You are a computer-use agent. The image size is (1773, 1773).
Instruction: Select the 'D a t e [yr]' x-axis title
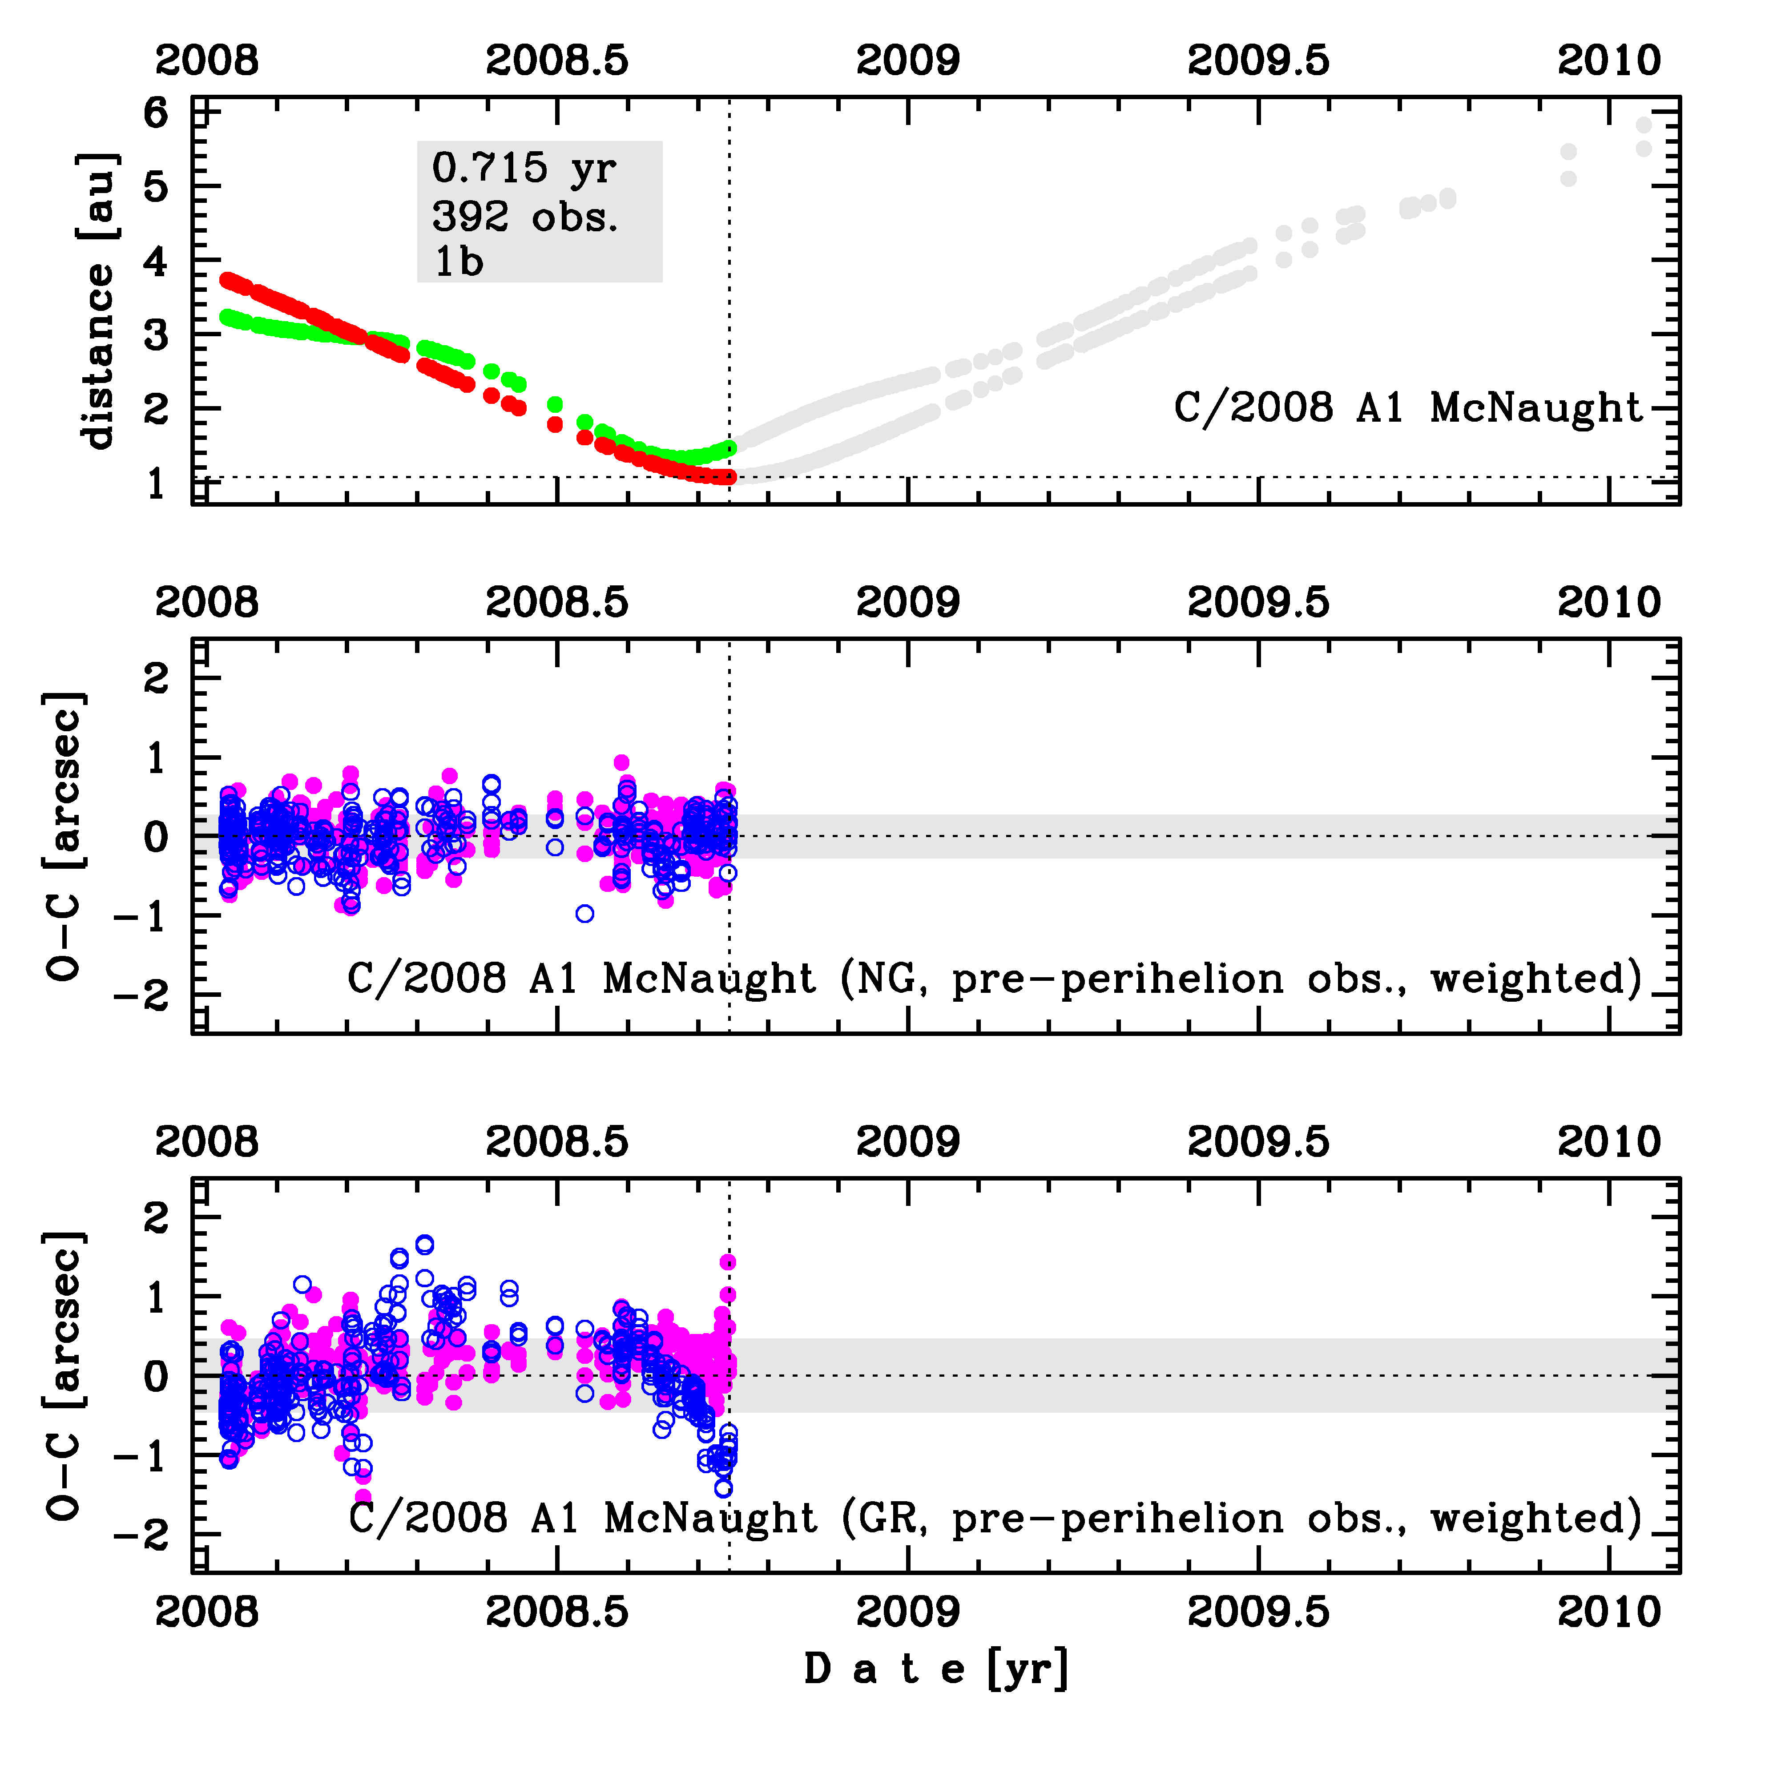(936, 1668)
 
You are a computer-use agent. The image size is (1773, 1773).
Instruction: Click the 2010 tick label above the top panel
(1609, 60)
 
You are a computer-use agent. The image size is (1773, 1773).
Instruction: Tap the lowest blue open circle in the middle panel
(584, 913)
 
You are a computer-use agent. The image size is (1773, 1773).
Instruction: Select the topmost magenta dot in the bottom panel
(728, 1262)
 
